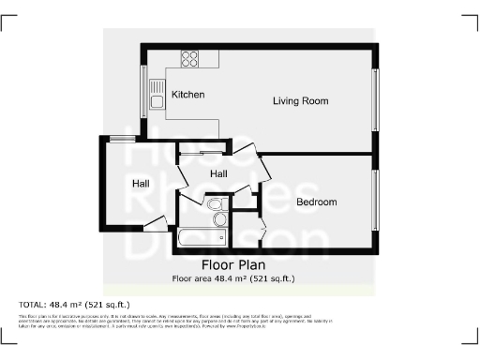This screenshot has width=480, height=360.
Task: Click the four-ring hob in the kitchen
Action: (x=189, y=58)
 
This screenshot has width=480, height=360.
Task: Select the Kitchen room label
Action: (x=188, y=95)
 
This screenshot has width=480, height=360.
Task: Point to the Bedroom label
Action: (x=317, y=202)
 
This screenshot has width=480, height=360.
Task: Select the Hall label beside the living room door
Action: (x=218, y=174)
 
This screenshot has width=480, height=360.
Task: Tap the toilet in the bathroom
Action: (x=214, y=204)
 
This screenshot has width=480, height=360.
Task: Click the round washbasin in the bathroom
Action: (x=220, y=219)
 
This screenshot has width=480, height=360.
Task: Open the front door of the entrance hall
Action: (x=156, y=223)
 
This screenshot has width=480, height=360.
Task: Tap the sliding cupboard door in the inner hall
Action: (x=202, y=152)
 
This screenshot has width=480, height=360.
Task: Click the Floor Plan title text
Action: (x=239, y=265)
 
